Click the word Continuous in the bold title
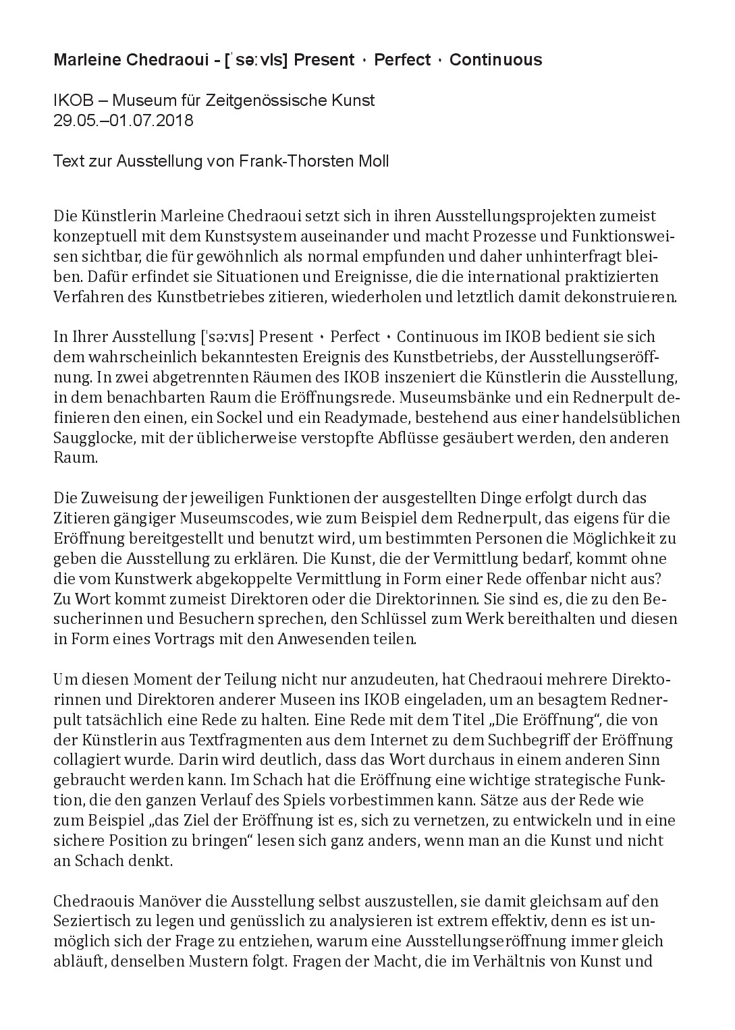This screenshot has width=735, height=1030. pyautogui.click(x=495, y=60)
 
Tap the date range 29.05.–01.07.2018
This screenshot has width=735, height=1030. pyautogui.click(x=124, y=121)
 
